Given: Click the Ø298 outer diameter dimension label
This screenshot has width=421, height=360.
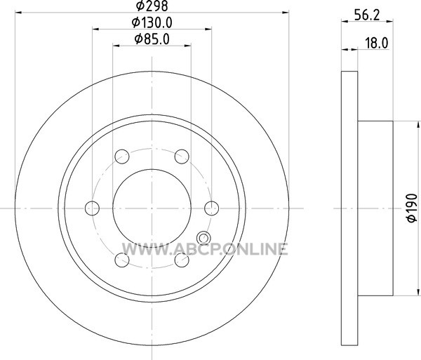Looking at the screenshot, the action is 152,6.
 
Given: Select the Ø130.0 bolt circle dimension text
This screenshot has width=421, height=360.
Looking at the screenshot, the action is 152,23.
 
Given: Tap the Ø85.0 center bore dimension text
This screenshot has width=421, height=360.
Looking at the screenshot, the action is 152,39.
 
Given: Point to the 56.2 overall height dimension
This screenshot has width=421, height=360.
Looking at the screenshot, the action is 367,15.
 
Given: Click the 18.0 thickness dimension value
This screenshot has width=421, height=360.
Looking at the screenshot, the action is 377,43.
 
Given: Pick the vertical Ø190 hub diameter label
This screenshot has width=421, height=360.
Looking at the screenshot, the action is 412,208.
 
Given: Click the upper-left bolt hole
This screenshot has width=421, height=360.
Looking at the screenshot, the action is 122,156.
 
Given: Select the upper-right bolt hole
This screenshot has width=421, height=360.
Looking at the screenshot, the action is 182,156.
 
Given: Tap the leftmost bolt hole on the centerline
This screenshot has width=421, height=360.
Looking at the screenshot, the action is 92,208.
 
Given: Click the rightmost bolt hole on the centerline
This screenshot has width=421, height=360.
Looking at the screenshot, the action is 212,208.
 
